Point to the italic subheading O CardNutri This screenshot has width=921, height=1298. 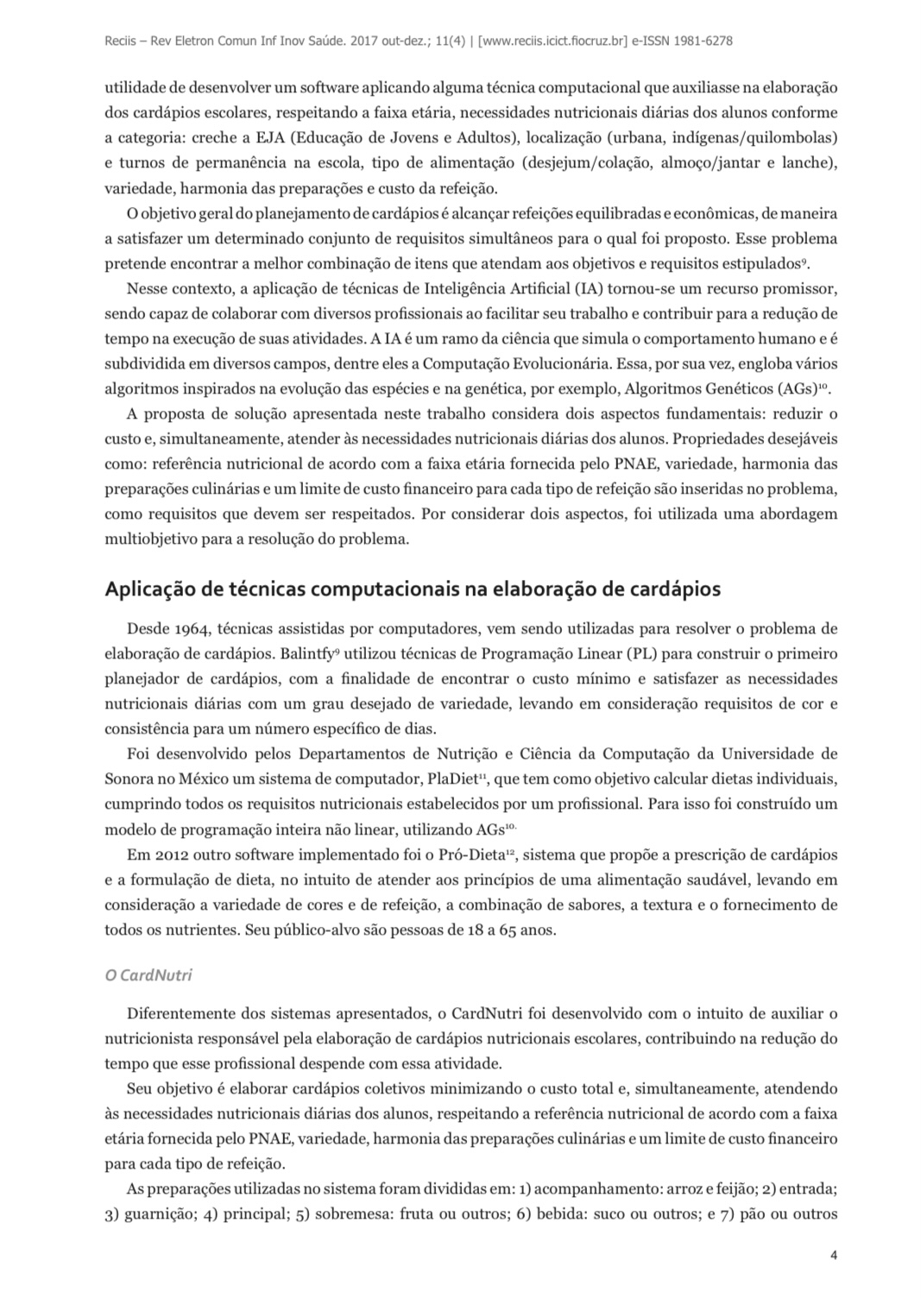point(148,975)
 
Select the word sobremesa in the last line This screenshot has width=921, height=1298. point(353,1213)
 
